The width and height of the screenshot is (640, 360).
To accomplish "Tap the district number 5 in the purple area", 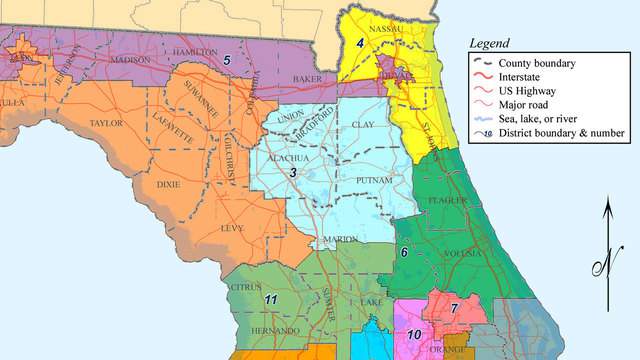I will [226, 61].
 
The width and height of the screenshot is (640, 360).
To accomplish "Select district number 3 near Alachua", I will [293, 174].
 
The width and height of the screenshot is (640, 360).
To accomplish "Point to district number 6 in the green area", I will [404, 252].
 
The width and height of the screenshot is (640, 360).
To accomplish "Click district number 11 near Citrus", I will [270, 299].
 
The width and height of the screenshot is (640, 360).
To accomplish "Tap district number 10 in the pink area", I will [414, 334].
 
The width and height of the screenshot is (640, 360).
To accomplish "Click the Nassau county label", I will [387, 30].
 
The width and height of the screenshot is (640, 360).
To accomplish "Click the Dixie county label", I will [169, 185].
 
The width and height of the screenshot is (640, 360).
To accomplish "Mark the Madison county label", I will [130, 60].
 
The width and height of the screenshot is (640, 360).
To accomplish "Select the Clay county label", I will [363, 126].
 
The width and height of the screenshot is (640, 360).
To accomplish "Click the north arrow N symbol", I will [604, 265].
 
